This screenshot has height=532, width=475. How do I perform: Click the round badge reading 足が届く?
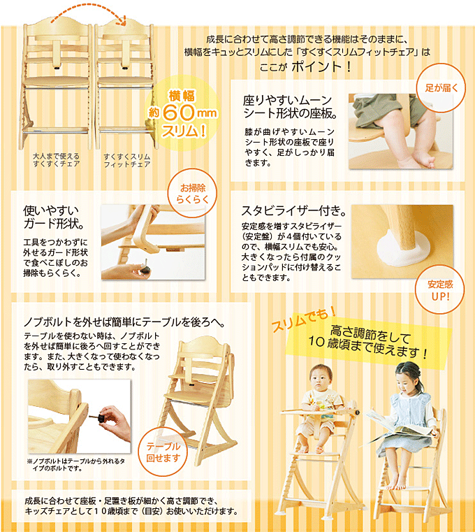[x=440, y=87]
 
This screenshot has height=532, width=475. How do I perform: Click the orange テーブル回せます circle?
[x=163, y=452]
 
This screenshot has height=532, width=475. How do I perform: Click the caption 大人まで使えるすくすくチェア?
[x=57, y=160]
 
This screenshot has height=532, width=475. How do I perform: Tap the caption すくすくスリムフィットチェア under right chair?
[x=126, y=160]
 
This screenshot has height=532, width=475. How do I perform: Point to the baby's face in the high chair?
[x=321, y=380]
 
